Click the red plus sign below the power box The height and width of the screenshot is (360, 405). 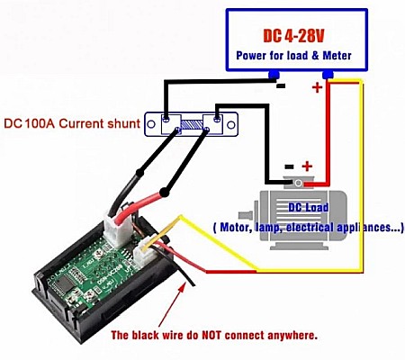(x=317, y=88)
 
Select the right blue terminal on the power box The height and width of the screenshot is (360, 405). (x=327, y=76)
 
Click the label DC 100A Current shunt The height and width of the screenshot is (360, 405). (x=72, y=123)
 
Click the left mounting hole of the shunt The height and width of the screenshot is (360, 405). (x=167, y=117)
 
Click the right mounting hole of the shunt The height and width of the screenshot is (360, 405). (x=216, y=117)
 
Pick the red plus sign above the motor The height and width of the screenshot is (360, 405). (x=307, y=166)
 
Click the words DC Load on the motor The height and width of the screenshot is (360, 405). (x=308, y=208)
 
